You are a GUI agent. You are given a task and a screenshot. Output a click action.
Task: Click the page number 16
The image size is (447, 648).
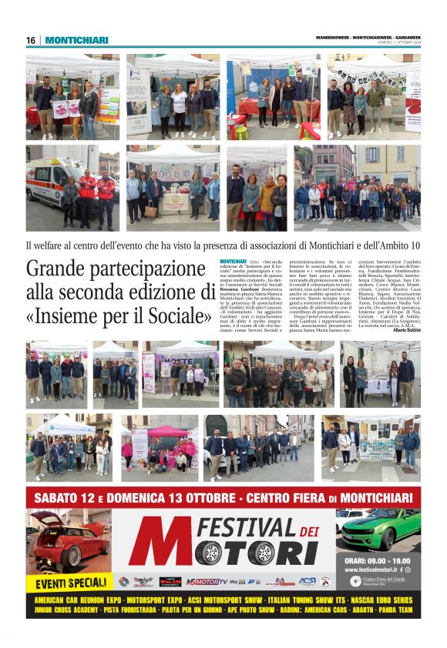point(31,40)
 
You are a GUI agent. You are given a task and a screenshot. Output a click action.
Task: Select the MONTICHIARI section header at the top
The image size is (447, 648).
point(76,40)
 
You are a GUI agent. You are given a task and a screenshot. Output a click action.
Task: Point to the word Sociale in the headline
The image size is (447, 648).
point(170,316)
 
